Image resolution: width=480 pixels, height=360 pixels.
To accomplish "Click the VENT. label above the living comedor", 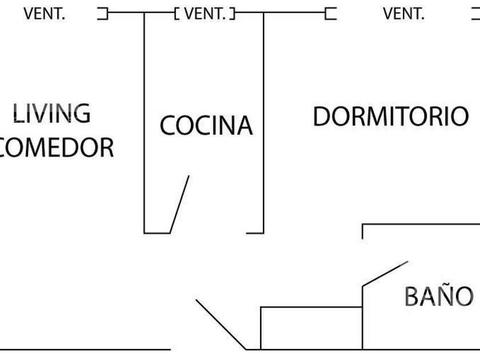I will pyautogui.click(x=45, y=13).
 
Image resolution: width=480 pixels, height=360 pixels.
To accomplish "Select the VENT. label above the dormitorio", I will pyautogui.click(x=403, y=13).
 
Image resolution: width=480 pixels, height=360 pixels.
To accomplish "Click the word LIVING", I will pyautogui.click(x=51, y=114).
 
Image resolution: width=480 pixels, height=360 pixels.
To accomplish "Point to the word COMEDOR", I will pyautogui.click(x=56, y=147).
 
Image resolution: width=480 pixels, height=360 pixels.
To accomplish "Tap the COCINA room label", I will pyautogui.click(x=206, y=125).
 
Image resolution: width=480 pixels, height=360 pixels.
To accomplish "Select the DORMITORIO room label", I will pyautogui.click(x=391, y=116).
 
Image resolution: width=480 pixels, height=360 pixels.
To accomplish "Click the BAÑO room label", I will pyautogui.click(x=439, y=296).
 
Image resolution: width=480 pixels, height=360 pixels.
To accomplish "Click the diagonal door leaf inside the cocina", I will pyautogui.click(x=179, y=205).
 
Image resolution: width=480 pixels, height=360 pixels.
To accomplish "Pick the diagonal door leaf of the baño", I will pyautogui.click(x=385, y=274).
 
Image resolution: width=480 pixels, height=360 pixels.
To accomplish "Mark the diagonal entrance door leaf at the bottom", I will pyautogui.click(x=221, y=324).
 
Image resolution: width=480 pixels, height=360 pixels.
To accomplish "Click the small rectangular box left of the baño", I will pyautogui.click(x=311, y=327).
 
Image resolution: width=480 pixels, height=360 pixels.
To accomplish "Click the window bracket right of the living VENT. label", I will pyautogui.click(x=103, y=13).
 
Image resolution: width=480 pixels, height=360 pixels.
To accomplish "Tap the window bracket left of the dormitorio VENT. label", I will pyautogui.click(x=330, y=13).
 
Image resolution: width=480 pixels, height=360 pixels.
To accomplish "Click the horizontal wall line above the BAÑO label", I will pyautogui.click(x=421, y=224).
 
